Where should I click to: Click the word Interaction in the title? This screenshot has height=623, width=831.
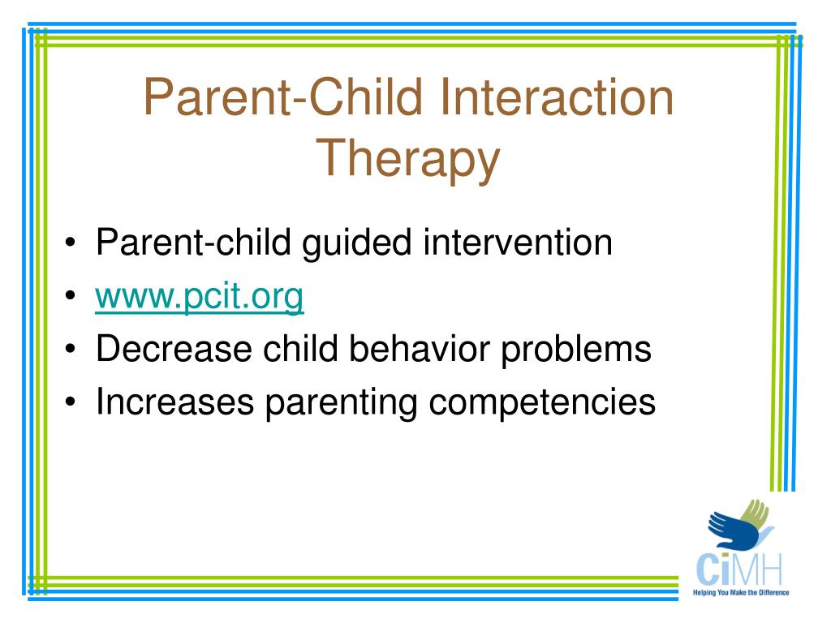click(x=556, y=97)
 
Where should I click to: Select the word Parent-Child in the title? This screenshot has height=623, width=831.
click(x=283, y=97)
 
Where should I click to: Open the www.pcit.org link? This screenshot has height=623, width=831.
click(x=200, y=296)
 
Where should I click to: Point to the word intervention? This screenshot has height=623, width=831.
click(x=518, y=243)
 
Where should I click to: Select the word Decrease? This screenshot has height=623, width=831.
click(x=174, y=349)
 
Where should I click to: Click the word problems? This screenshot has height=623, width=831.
click(x=576, y=350)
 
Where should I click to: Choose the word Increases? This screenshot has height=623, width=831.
click(x=175, y=402)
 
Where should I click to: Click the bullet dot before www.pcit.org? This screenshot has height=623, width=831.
click(x=71, y=295)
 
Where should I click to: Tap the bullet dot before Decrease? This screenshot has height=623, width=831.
click(x=71, y=349)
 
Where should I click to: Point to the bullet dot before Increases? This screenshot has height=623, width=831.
click(x=71, y=402)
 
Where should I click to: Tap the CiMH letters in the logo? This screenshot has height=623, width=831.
click(x=739, y=569)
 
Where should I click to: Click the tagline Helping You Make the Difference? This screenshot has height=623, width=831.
click(x=741, y=592)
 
